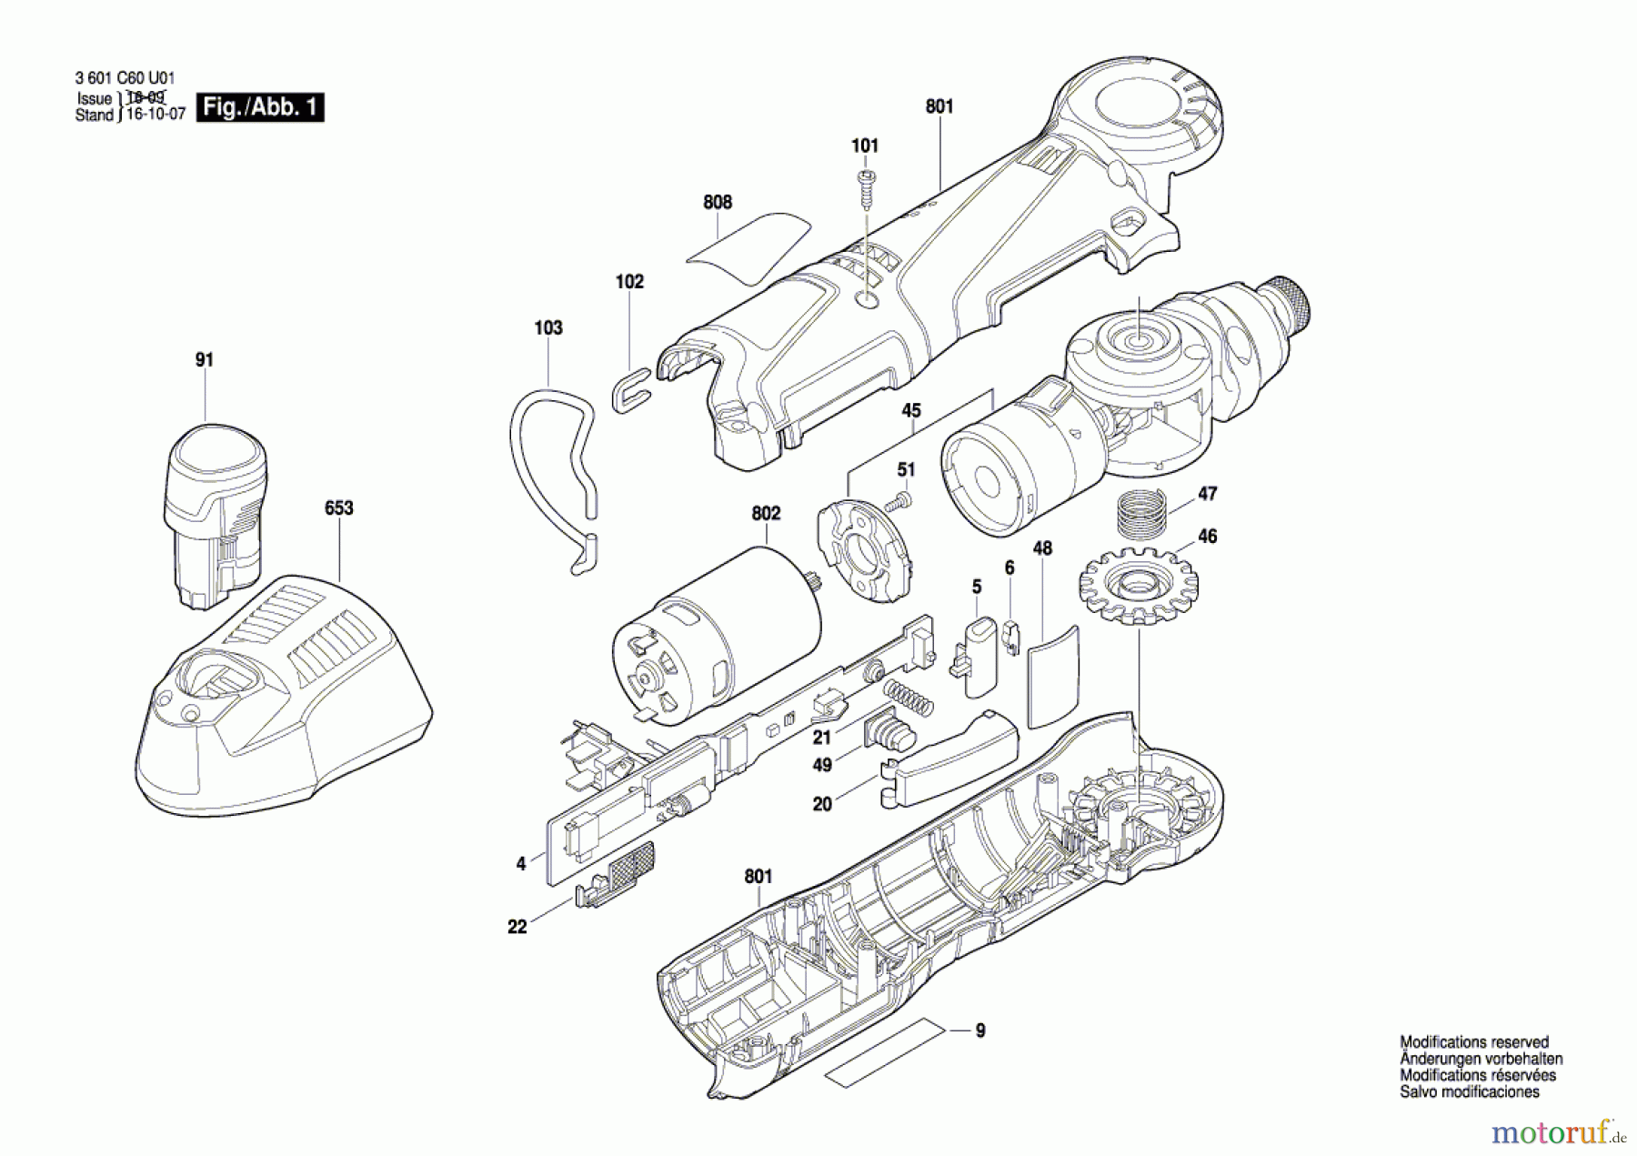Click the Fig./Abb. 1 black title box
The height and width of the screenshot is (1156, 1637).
point(260,107)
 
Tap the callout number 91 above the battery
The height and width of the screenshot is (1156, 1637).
point(205,360)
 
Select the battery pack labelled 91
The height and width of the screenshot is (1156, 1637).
point(216,514)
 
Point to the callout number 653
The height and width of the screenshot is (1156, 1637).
point(338,508)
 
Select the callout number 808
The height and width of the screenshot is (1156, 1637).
point(718,202)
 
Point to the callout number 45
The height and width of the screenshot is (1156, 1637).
point(911,411)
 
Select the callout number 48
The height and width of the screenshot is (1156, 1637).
point(1042,548)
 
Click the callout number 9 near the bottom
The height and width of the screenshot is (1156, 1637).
point(980,1030)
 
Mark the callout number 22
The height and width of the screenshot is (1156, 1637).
point(517,927)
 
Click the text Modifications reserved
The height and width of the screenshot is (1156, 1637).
point(1474,1042)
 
